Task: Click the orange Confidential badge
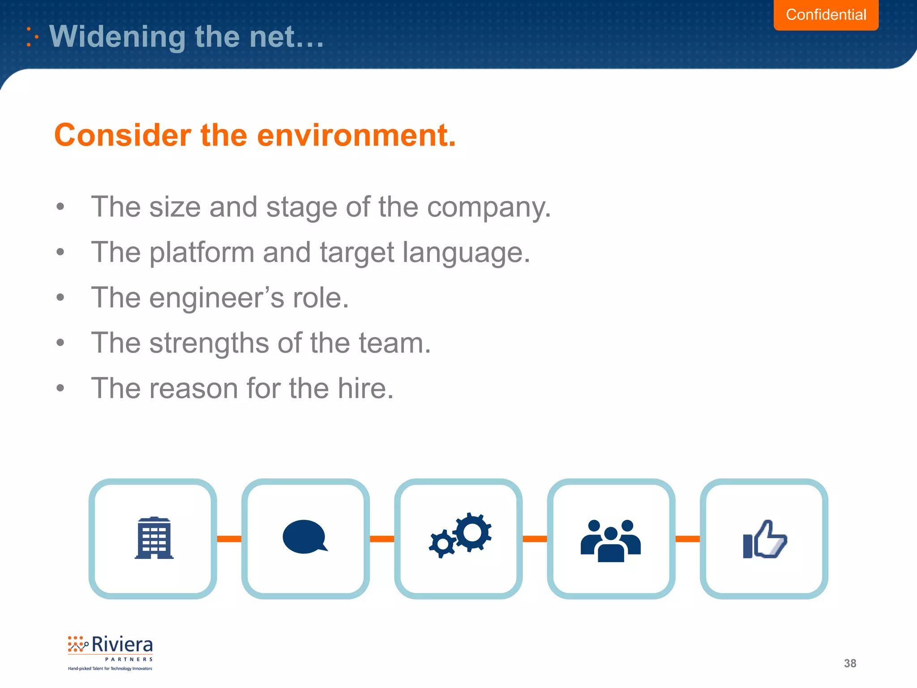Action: tap(826, 15)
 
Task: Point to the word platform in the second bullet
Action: tap(202, 253)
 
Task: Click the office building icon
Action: tap(154, 538)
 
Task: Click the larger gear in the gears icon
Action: tap(472, 532)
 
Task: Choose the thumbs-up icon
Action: tap(764, 540)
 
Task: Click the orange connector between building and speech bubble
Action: tap(229, 539)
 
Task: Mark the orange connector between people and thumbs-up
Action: tap(687, 539)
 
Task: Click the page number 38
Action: tap(849, 663)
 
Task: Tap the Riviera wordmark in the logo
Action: tap(122, 645)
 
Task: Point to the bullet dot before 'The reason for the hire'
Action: tap(60, 388)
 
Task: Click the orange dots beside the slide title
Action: tap(32, 37)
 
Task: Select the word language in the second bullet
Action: tap(466, 253)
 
